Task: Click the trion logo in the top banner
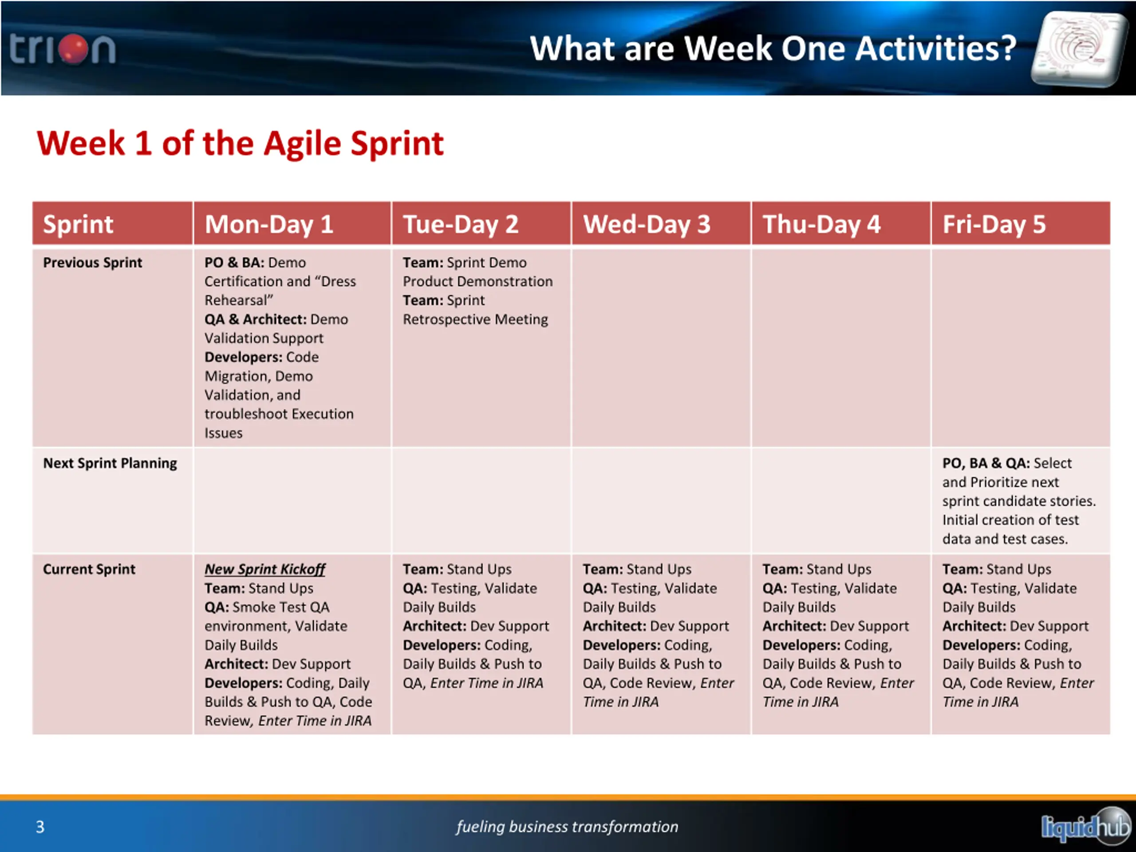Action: pyautogui.click(x=62, y=49)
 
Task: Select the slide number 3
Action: pyautogui.click(x=40, y=827)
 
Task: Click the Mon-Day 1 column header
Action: pyautogui.click(x=269, y=225)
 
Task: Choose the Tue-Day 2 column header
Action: pyautogui.click(x=461, y=225)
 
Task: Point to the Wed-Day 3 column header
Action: pyautogui.click(x=647, y=225)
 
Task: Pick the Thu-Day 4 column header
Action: pyautogui.click(x=822, y=225)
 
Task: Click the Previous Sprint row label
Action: pyautogui.click(x=92, y=262)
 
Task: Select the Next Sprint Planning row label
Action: pyautogui.click(x=110, y=463)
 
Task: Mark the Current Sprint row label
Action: pyautogui.click(x=89, y=569)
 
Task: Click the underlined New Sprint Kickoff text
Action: pyautogui.click(x=265, y=569)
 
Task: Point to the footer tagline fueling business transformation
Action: pyautogui.click(x=568, y=827)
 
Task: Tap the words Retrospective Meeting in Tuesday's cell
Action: pyautogui.click(x=476, y=319)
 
